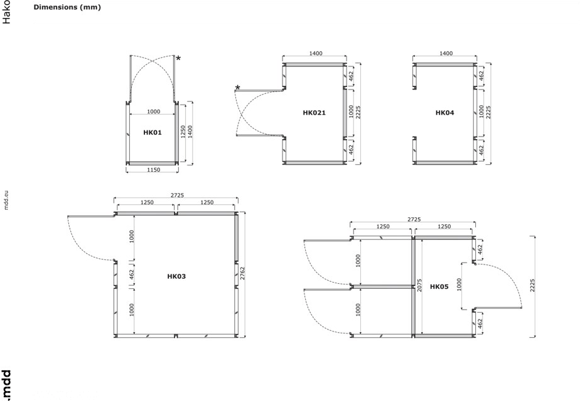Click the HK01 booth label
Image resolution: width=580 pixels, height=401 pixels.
(153, 133)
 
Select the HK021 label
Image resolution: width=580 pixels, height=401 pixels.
(314, 113)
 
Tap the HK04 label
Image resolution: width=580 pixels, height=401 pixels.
(444, 113)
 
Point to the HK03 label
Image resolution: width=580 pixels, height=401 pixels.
(176, 276)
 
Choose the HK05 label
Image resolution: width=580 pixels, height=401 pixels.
(439, 286)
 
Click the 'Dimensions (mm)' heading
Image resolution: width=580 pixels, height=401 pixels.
(67, 7)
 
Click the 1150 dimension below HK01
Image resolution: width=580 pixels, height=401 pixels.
(154, 170)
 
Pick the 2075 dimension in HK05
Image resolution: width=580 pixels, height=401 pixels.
(419, 285)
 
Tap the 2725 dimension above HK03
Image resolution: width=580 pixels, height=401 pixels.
(177, 195)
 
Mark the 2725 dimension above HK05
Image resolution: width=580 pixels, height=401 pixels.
(414, 219)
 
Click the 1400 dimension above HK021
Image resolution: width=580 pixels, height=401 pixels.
(316, 53)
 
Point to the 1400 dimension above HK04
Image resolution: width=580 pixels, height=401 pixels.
(446, 53)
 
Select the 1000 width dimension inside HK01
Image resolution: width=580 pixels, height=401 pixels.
(154, 112)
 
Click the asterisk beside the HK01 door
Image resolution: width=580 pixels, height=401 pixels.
(178, 58)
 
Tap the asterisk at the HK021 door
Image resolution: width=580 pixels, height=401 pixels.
(237, 88)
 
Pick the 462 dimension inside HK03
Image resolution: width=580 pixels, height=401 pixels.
(132, 274)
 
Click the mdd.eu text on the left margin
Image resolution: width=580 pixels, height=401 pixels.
(6, 200)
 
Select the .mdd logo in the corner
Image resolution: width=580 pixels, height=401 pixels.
(6, 385)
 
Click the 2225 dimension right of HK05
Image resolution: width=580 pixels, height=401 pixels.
(532, 285)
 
